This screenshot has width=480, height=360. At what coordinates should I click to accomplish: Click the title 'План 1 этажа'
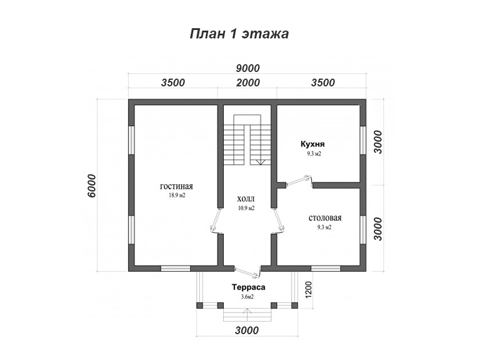239,34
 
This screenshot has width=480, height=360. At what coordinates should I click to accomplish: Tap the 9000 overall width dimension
248,68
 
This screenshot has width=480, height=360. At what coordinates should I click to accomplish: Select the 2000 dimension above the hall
248,83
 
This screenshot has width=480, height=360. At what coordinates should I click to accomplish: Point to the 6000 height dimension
91,185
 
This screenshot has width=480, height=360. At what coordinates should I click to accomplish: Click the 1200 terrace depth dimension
308,290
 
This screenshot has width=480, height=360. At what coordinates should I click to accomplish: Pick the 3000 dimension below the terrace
247,331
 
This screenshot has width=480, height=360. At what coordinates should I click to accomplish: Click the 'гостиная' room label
176,187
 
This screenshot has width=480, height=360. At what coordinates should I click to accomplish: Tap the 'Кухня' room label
313,144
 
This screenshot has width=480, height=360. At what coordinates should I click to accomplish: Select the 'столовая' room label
325,218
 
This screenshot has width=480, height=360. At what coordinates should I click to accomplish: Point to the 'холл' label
246,199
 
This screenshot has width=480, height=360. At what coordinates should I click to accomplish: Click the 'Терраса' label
248,287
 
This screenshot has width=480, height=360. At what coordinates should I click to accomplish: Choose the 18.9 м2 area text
177,196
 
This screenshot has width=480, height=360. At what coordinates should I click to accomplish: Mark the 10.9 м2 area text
247,208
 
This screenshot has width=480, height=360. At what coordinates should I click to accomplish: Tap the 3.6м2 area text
247,296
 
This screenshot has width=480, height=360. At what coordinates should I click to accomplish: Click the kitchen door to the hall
299,181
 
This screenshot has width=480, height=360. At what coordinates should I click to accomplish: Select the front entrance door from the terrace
247,272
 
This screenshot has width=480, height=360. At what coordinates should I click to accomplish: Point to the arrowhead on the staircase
260,162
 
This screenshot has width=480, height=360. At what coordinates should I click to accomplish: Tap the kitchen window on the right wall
363,140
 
